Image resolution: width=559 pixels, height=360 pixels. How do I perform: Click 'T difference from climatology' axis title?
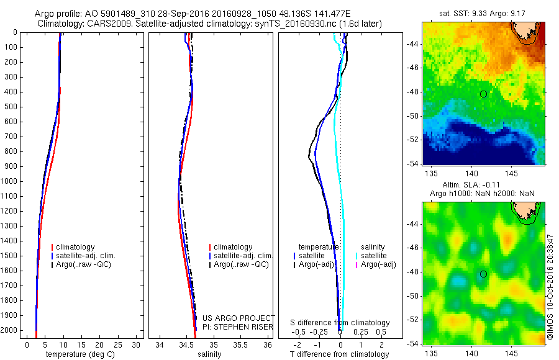339,354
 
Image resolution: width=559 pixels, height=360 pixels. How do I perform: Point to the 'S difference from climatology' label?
340,323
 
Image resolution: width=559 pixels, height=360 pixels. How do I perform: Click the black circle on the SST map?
483,94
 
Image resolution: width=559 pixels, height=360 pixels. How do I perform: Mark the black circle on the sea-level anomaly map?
483,274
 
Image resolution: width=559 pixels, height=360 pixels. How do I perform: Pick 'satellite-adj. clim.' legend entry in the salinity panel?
243,256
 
